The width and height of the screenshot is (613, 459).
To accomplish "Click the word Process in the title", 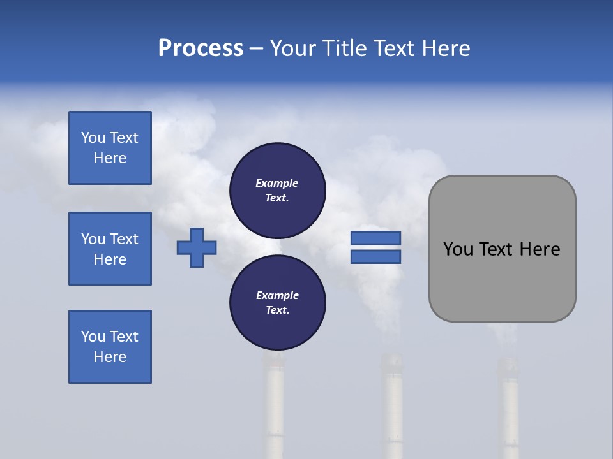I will pos(201,48).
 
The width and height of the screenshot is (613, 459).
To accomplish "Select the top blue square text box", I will pos(110,148).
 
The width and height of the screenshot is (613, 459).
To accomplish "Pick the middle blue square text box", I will pos(110,249).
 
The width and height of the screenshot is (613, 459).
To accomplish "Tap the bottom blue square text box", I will pos(110,347).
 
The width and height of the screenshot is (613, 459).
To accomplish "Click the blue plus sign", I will pos(197,247).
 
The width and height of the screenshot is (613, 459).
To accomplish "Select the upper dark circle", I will pos(277,190).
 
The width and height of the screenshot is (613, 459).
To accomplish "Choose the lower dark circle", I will pos(277,302).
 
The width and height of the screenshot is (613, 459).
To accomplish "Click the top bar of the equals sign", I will pos(375,238).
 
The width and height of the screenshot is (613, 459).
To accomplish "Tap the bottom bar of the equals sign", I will pos(375,257).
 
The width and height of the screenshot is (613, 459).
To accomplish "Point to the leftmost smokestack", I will pos(275,408).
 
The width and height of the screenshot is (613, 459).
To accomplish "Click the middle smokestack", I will pos(392,408).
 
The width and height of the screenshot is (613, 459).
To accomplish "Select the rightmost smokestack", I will pos(509,408).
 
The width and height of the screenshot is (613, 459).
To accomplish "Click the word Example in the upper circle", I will pos(277,183).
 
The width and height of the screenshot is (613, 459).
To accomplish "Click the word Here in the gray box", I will pos(540,249).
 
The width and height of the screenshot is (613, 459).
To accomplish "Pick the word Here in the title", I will pos(447,48).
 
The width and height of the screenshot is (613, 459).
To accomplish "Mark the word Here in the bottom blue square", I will pos(110,357).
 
